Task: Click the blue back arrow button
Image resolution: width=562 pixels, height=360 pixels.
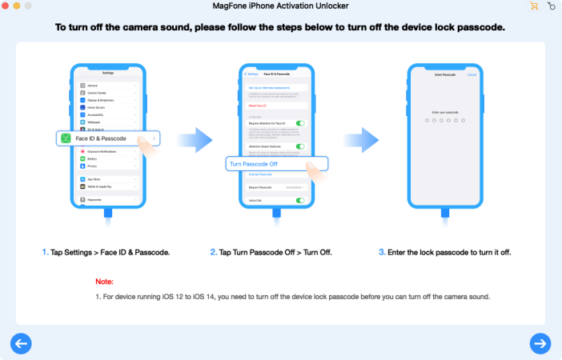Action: pyautogui.click(x=21, y=343)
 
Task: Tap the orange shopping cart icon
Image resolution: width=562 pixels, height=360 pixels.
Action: pyautogui.click(x=534, y=6)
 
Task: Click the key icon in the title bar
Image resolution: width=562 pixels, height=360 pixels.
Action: pyautogui.click(x=551, y=6)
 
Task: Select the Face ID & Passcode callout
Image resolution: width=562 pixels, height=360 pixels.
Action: pyautogui.click(x=108, y=138)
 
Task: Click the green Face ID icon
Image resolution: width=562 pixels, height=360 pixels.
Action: pyautogui.click(x=66, y=138)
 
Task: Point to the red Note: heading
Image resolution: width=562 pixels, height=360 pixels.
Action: pyautogui.click(x=104, y=282)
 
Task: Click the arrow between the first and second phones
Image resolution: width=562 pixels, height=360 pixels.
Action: pyautogui.click(x=195, y=138)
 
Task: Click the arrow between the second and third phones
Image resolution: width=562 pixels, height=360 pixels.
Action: pyautogui.click(x=366, y=138)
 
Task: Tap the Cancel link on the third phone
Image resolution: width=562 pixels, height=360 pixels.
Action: pyautogui.click(x=472, y=74)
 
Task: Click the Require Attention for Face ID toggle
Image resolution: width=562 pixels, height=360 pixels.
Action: pyautogui.click(x=300, y=123)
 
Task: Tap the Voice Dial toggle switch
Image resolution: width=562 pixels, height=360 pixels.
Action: pyautogui.click(x=300, y=200)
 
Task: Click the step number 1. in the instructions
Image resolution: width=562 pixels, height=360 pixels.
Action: pyautogui.click(x=46, y=252)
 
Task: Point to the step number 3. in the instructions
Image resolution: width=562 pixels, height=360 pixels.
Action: pyautogui.click(x=382, y=252)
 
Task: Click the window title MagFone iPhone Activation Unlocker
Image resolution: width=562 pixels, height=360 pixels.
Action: pyautogui.click(x=281, y=6)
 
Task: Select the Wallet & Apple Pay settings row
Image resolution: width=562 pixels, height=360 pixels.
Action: pyautogui.click(x=101, y=186)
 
